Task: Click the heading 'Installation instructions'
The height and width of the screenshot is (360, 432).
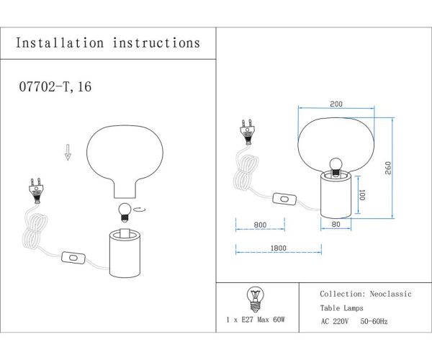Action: pyautogui.click(x=108, y=43)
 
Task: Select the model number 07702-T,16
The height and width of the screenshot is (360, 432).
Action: pyautogui.click(x=54, y=86)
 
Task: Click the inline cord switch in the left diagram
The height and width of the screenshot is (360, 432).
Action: pyautogui.click(x=73, y=256)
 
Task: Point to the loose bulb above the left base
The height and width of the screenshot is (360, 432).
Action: pyautogui.click(x=124, y=210)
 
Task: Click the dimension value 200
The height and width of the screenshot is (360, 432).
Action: pyautogui.click(x=336, y=103)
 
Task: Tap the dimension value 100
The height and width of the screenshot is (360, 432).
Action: pyautogui.click(x=362, y=195)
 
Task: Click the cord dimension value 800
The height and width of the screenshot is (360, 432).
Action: pyautogui.click(x=260, y=225)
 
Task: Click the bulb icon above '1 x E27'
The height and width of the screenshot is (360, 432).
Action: pyautogui.click(x=253, y=295)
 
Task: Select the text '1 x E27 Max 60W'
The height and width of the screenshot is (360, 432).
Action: pyautogui.click(x=255, y=318)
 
